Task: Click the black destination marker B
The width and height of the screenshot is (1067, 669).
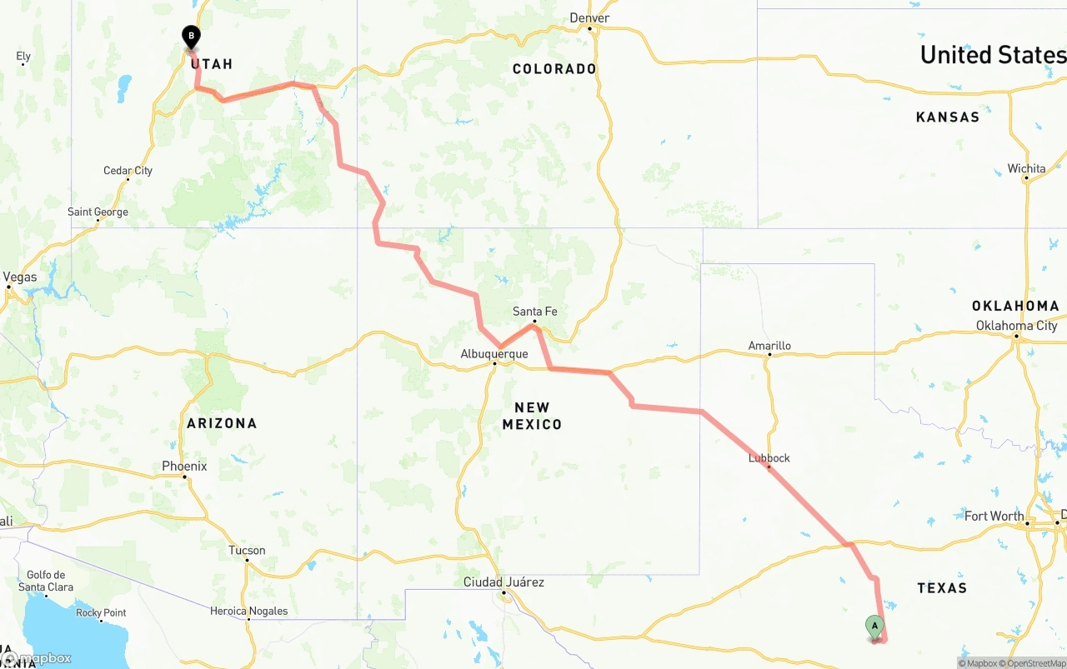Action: coord(192,37)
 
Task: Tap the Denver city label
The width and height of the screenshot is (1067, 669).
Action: coord(589,17)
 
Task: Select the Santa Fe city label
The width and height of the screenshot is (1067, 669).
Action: coord(534,312)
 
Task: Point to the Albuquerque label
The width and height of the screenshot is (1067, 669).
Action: coord(494,354)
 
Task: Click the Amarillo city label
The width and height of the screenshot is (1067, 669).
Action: coord(769,346)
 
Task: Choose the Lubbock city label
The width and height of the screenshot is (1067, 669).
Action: coord(769,458)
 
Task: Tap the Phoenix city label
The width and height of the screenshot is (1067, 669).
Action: coord(184,466)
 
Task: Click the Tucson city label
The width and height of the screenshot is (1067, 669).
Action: coord(247,550)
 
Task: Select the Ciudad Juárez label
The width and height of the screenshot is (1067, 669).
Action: coord(503,582)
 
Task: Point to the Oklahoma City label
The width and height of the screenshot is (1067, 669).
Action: coord(1016,325)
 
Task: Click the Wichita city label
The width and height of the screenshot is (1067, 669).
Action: coord(1026,168)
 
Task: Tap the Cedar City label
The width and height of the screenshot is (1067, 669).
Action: coord(128,171)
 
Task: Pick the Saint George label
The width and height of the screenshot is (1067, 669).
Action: coord(98,212)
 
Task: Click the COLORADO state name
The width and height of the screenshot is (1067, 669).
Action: coord(554,68)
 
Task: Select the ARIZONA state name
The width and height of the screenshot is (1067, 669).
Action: coord(222,423)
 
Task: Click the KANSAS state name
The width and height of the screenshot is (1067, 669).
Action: coord(948,117)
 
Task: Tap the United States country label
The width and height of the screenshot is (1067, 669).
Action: coord(993,55)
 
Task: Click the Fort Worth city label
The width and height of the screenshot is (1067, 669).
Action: coord(994,516)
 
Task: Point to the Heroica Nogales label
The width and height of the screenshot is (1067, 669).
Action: coord(248,611)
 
